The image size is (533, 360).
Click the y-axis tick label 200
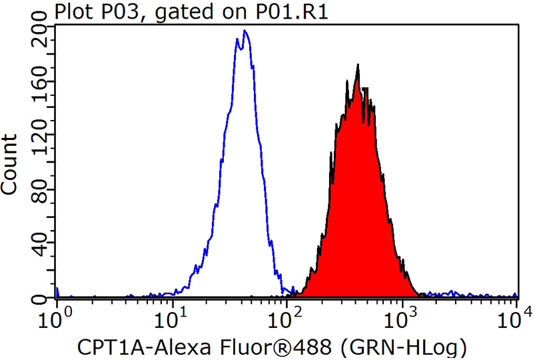43,34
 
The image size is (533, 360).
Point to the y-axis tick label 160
43,88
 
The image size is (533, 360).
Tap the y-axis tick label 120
43,142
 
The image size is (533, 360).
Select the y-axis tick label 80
43,193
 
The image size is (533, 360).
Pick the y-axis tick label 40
43,247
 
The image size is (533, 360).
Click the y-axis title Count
11,164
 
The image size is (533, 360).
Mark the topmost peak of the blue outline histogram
245,30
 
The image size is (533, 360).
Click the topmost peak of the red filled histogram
358,65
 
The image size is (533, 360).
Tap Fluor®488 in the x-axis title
266,347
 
